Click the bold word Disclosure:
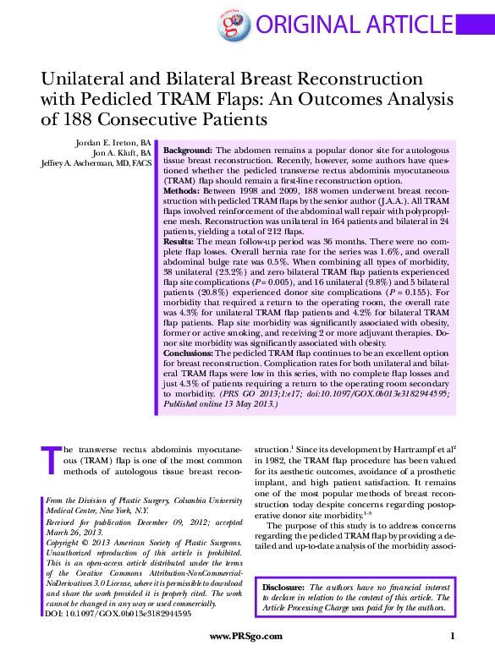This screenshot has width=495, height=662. [284, 587]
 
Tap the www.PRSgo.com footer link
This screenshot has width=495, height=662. [246, 636]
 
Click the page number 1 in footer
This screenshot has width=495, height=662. [453, 636]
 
